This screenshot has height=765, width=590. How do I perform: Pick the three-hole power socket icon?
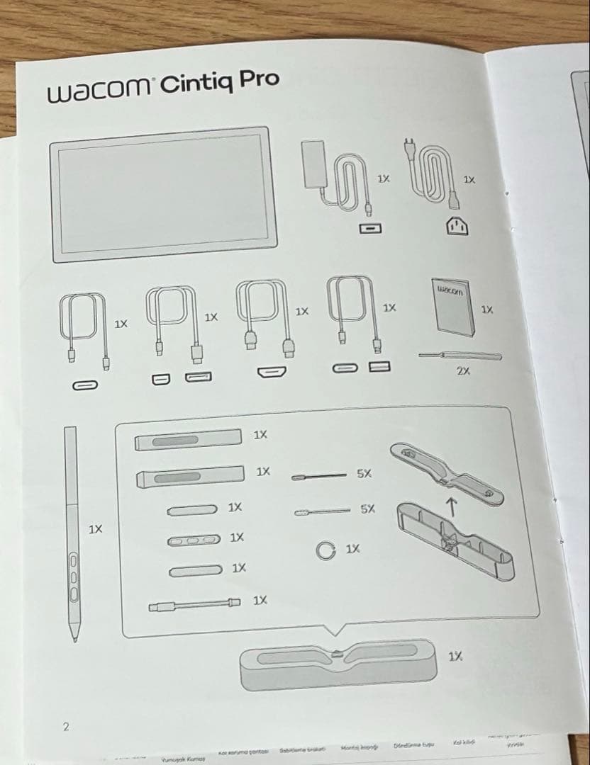(458, 226)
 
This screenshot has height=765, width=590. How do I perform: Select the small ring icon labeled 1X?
(326, 550)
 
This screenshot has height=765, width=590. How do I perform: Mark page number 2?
(66, 726)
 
